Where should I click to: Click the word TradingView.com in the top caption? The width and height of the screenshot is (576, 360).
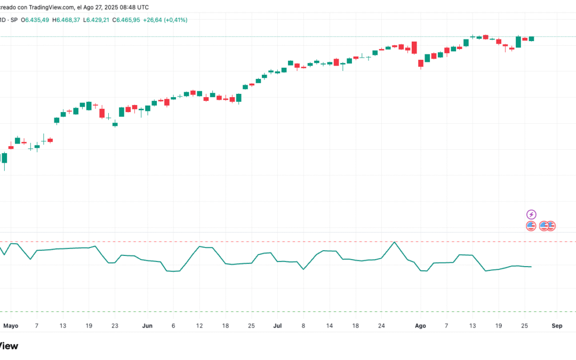click(52, 7)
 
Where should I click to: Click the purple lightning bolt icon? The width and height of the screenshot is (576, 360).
click(531, 214)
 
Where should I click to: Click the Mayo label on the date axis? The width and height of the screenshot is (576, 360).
click(11, 325)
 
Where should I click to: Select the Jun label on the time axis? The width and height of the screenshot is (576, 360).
click(148, 325)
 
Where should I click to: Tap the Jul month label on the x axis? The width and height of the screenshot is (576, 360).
click(277, 325)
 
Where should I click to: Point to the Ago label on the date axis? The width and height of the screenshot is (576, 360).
click(420, 325)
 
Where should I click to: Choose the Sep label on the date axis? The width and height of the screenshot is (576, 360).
click(557, 325)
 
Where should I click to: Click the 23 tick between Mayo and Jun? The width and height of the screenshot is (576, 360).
click(115, 325)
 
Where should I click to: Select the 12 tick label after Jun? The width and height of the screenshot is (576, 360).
click(199, 325)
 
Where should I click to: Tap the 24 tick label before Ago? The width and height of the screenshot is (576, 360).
click(381, 325)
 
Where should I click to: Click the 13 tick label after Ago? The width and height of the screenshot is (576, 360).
click(472, 325)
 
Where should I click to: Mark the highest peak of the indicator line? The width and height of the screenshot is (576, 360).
click(394, 242)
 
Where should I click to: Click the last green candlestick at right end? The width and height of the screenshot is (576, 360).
click(531, 38)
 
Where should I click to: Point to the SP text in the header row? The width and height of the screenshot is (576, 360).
click(14, 20)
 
